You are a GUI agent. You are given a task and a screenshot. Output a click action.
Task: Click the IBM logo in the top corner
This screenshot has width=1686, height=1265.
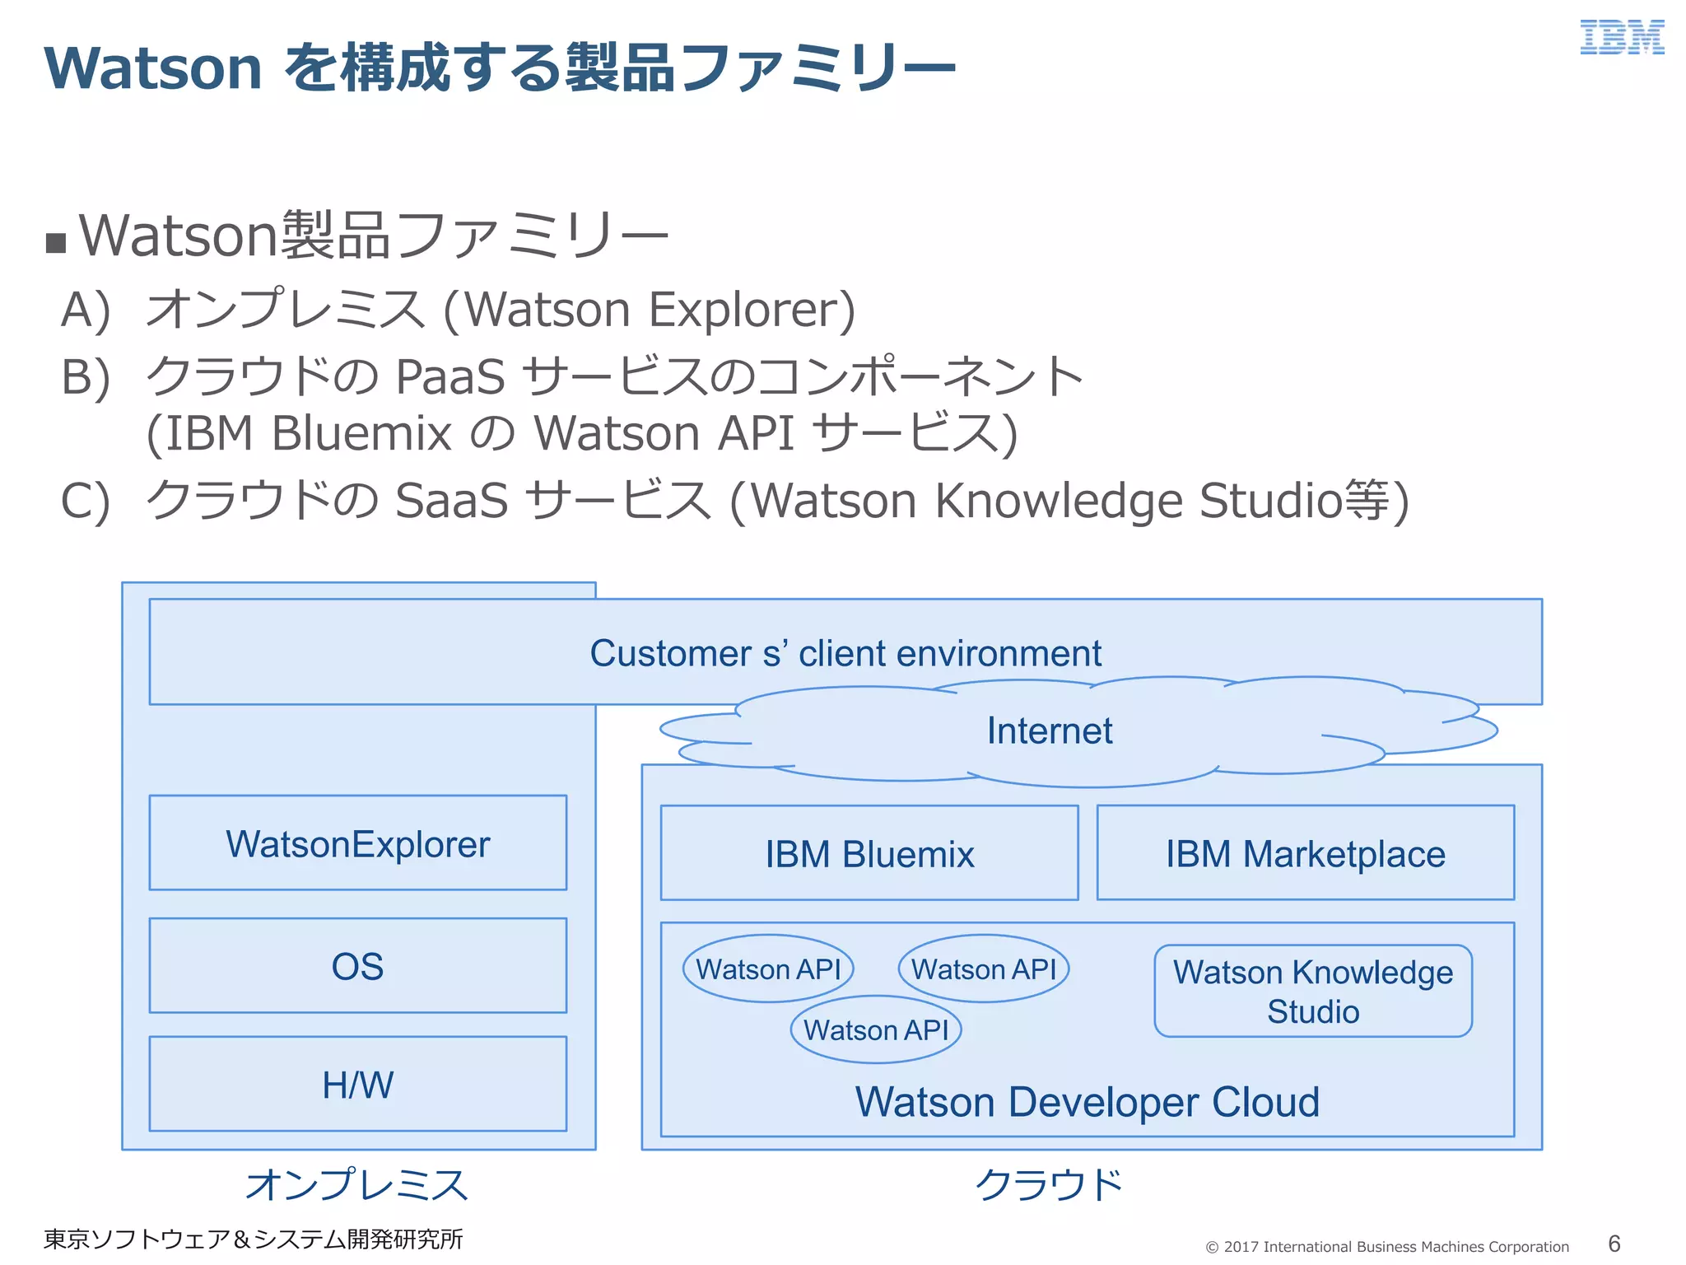pyautogui.click(x=1621, y=38)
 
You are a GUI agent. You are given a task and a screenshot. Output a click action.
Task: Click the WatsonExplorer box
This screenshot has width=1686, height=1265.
pyautogui.click(x=357, y=843)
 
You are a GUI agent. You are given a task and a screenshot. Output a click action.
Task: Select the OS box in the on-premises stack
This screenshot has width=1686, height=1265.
pyautogui.click(x=357, y=966)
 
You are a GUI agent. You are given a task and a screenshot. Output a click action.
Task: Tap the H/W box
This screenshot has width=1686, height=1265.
pyautogui.click(x=357, y=1085)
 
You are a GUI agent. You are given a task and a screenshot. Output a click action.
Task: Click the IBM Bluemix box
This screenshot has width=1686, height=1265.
pyautogui.click(x=869, y=854)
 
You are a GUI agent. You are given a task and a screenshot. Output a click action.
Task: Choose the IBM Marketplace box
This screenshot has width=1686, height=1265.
pyautogui.click(x=1305, y=854)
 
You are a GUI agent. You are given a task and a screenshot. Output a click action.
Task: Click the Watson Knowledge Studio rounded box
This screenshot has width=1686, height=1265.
pyautogui.click(x=1312, y=991)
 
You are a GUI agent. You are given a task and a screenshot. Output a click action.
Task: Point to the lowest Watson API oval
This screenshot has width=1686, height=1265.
pyautogui.click(x=876, y=1029)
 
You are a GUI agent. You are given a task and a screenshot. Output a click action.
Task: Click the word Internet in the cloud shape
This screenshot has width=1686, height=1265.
pyautogui.click(x=1049, y=731)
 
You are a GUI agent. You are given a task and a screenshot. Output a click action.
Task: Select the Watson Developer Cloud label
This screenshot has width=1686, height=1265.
pyautogui.click(x=1087, y=1102)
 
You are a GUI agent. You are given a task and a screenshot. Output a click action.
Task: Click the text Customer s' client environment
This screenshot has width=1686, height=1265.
pyautogui.click(x=845, y=653)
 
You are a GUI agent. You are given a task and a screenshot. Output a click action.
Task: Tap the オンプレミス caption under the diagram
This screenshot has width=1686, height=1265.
pyautogui.click(x=356, y=1185)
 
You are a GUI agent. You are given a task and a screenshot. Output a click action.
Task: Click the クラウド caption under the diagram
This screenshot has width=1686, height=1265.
pyautogui.click(x=1049, y=1185)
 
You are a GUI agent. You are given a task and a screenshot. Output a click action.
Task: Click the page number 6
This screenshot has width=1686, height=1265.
pyautogui.click(x=1614, y=1244)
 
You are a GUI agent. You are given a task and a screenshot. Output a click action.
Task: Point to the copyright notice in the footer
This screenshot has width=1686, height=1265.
pyautogui.click(x=1386, y=1247)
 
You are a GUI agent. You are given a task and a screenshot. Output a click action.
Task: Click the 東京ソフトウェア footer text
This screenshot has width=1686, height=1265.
pyautogui.click(x=252, y=1239)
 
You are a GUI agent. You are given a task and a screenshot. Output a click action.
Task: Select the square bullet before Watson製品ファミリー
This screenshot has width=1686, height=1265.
pyautogui.click(x=56, y=243)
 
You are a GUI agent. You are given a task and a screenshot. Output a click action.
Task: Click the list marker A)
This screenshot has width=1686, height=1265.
pyautogui.click(x=86, y=310)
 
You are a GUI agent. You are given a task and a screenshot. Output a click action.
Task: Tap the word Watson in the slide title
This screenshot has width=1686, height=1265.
pyautogui.click(x=153, y=68)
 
